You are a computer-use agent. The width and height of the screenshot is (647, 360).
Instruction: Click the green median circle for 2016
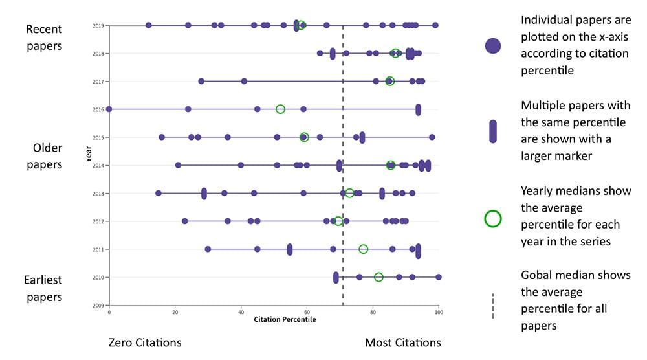[280, 109]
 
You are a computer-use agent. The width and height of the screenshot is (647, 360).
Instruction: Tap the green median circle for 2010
[378, 277]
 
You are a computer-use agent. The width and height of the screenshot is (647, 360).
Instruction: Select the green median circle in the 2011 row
[364, 249]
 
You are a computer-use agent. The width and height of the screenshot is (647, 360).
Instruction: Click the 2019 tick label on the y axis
[99, 26]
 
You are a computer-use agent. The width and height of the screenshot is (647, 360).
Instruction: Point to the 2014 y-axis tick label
[99, 166]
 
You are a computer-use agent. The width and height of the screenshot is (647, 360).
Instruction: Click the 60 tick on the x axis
[307, 312]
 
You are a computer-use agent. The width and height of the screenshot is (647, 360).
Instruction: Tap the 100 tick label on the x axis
[439, 312]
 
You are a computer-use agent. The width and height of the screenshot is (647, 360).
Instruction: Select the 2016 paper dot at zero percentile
[109, 109]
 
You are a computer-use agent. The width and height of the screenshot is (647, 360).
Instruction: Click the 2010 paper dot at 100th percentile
[439, 277]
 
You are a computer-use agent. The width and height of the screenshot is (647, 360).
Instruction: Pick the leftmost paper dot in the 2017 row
[201, 81]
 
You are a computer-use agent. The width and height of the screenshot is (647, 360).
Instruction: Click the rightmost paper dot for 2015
[432, 137]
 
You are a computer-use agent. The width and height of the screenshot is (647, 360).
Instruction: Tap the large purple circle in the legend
[493, 45]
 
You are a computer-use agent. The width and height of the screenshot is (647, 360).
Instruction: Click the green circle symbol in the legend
[493, 219]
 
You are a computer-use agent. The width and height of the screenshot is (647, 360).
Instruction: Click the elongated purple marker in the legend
[493, 131]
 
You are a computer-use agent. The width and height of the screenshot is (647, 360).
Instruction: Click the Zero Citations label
[146, 343]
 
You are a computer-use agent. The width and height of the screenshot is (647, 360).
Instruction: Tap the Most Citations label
[402, 343]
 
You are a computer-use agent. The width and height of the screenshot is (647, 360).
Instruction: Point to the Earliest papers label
[43, 289]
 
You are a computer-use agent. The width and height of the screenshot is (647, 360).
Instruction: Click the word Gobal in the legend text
[538, 275]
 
